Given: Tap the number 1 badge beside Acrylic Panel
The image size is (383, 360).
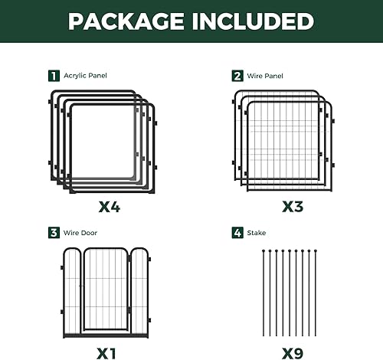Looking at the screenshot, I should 53,76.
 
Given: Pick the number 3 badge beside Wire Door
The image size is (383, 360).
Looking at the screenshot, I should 53,232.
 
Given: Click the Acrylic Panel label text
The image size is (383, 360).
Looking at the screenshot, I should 84,76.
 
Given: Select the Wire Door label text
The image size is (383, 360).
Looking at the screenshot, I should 80,232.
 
